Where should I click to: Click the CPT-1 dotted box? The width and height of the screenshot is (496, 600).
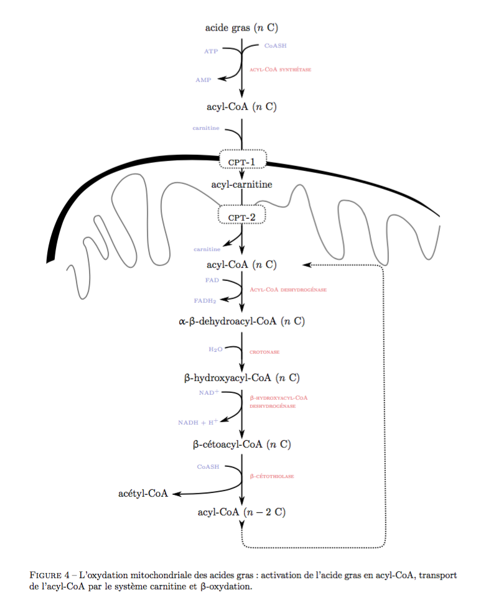tap(242, 160)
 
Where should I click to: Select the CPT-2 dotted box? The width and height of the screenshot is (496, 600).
tap(242, 216)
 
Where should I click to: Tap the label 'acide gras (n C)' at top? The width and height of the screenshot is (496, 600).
tap(241, 27)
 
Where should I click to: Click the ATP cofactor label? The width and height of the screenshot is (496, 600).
tap(211, 51)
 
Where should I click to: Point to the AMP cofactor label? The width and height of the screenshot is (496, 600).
tap(203, 80)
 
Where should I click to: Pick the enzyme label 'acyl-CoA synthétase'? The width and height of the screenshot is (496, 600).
tap(280, 70)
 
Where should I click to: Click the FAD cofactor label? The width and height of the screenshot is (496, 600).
tap(211, 280)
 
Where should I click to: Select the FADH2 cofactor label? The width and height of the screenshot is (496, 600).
tap(205, 301)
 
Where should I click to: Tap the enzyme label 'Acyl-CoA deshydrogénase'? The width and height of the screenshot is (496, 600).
tap(288, 290)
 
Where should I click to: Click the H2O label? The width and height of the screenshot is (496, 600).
tap(215, 349)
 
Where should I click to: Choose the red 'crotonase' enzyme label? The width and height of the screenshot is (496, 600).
tap(264, 352)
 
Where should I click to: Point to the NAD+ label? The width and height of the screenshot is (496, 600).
tap(209, 393)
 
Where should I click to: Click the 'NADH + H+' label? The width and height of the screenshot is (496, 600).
tap(198, 422)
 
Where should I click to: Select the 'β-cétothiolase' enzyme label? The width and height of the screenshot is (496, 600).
tap(271, 476)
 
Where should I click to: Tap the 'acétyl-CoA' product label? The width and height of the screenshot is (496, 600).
tap(143, 494)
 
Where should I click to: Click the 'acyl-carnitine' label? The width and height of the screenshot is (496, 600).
tap(241, 185)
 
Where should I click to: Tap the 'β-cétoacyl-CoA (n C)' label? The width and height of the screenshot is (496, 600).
tap(242, 444)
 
